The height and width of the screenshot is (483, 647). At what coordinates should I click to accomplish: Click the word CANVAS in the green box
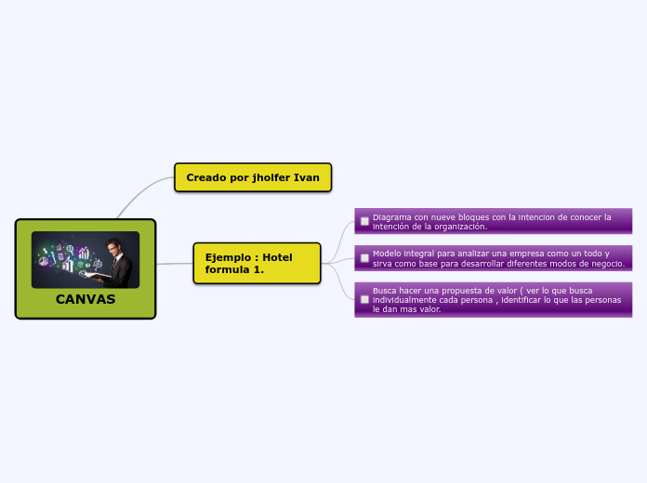pyautogui.click(x=86, y=299)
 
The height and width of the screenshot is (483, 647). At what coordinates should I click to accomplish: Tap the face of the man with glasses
pyautogui.click(x=114, y=248)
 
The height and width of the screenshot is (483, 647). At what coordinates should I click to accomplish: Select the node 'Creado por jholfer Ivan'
pyautogui.click(x=253, y=177)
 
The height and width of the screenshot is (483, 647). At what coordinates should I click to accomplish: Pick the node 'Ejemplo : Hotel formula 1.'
pyautogui.click(x=257, y=263)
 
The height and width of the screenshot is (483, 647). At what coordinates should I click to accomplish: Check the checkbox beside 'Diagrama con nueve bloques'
pyautogui.click(x=364, y=221)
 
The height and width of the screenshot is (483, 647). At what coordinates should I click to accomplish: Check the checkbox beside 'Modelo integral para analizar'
pyautogui.click(x=364, y=257)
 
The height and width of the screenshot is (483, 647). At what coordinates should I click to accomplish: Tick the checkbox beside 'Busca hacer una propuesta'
pyautogui.click(x=364, y=299)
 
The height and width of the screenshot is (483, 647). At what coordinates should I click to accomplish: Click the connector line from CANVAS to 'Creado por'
pyautogui.click(x=139, y=194)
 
